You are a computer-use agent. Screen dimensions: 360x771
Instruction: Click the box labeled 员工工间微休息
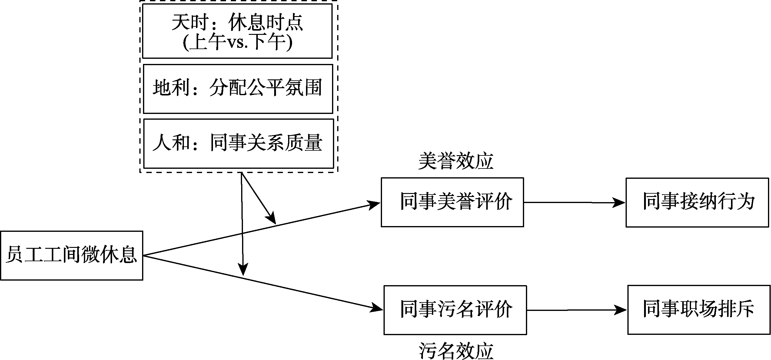pos(71,255)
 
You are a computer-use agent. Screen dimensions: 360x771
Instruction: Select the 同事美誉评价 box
pos(452,202)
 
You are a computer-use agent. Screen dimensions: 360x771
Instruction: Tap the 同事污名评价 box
pos(455,310)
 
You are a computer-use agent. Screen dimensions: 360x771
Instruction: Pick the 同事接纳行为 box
pos(697,202)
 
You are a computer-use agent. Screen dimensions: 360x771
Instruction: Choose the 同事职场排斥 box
pos(699,310)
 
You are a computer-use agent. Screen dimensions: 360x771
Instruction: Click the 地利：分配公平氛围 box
pos(238,89)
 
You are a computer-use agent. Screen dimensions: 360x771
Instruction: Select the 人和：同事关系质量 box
pos(238,143)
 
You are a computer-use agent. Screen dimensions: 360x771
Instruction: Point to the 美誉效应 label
pos(456,161)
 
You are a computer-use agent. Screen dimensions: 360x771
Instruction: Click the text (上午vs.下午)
pos(238,42)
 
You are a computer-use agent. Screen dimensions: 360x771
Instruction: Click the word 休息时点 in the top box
pos(265,23)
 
